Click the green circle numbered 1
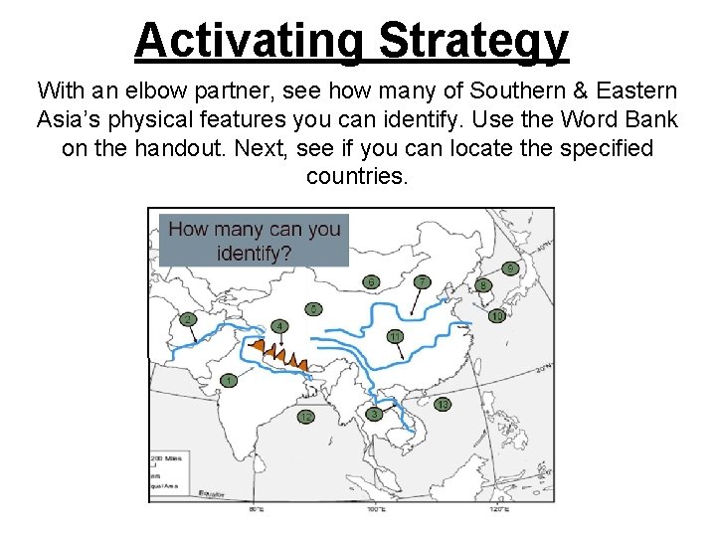click(x=230, y=381)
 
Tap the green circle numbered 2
click(x=187, y=320)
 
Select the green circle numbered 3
click(x=374, y=414)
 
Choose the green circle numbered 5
click(x=313, y=309)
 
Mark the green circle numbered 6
click(x=372, y=282)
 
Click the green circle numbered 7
click(x=422, y=282)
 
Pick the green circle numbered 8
click(x=483, y=286)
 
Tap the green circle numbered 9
click(x=510, y=268)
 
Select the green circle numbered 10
click(x=496, y=316)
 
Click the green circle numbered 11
click(x=395, y=337)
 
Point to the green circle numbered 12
click(x=306, y=418)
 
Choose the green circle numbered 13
click(x=442, y=405)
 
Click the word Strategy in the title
click(x=473, y=41)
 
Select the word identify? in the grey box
click(x=254, y=253)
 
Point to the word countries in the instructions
click(x=356, y=177)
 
